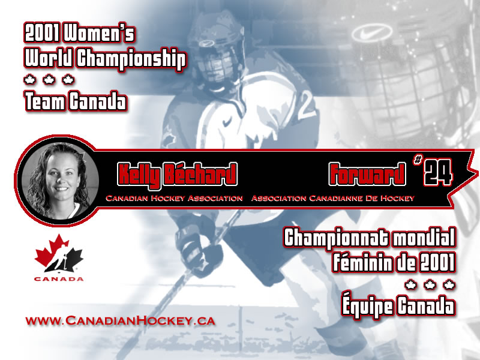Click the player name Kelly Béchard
pos(177,175)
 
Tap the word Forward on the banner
pos(367,174)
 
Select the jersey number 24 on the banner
pos(439,172)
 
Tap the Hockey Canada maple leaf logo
pos(59,253)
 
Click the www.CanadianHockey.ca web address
pos(121,321)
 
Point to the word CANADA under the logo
pos(59,279)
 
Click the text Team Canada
pos(76,101)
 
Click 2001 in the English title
pos(42,34)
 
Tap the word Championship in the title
pos(131,59)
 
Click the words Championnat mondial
pos(370,239)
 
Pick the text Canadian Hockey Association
pos(174,199)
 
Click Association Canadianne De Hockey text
pos(333,199)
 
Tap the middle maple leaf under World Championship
pos(49,80)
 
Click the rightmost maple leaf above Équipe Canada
pos(449,284)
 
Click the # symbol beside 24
pos(418,160)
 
